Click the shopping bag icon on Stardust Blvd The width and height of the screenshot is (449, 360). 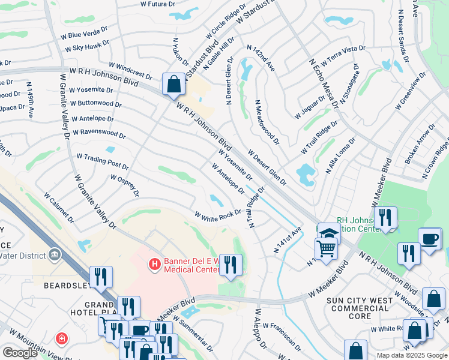[173, 85]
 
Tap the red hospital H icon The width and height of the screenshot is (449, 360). [154, 263]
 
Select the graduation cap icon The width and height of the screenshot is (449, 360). [328, 233]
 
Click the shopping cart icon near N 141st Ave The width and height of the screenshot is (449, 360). [326, 247]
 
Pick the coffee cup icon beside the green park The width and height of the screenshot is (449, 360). [429, 238]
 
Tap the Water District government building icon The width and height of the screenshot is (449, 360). [56, 256]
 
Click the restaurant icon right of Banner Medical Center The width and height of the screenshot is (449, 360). [231, 264]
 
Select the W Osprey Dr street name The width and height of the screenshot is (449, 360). [125, 185]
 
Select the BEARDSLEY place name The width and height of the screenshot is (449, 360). [67, 286]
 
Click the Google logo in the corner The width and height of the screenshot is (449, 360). [20, 353]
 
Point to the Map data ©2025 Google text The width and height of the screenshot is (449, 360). [412, 355]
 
